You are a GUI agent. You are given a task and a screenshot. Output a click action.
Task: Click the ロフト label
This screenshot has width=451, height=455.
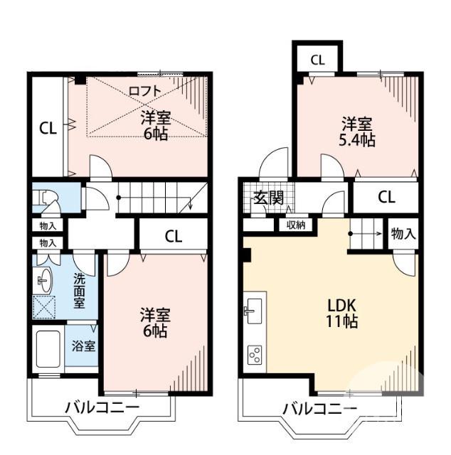point(145,90)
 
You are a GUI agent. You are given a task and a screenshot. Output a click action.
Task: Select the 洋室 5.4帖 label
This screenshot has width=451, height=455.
point(356,131)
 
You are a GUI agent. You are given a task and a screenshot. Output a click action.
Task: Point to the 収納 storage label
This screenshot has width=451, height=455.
point(296,225)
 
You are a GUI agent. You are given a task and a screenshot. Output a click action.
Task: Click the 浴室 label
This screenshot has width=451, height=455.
point(84,346)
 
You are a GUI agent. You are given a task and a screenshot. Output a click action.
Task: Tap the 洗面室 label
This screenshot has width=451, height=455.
point(80,290)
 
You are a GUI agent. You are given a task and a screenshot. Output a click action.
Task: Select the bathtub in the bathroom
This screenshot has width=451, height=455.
point(48,351)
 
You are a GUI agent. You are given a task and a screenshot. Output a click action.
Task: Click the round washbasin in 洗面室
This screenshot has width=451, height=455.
point(44,282)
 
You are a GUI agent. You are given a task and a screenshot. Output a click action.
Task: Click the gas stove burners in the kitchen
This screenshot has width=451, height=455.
point(255,353)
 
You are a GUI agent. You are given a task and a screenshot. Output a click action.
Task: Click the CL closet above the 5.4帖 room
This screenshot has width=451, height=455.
point(317,60)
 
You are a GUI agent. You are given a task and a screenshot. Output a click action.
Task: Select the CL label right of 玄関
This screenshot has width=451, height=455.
point(386,198)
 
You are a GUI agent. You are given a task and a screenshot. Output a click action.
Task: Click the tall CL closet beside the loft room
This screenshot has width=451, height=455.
point(48,128)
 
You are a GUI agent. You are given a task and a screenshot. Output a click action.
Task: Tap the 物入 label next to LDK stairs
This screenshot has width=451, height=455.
point(403,233)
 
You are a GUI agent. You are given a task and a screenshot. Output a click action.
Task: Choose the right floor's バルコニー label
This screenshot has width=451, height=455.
point(319,409)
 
